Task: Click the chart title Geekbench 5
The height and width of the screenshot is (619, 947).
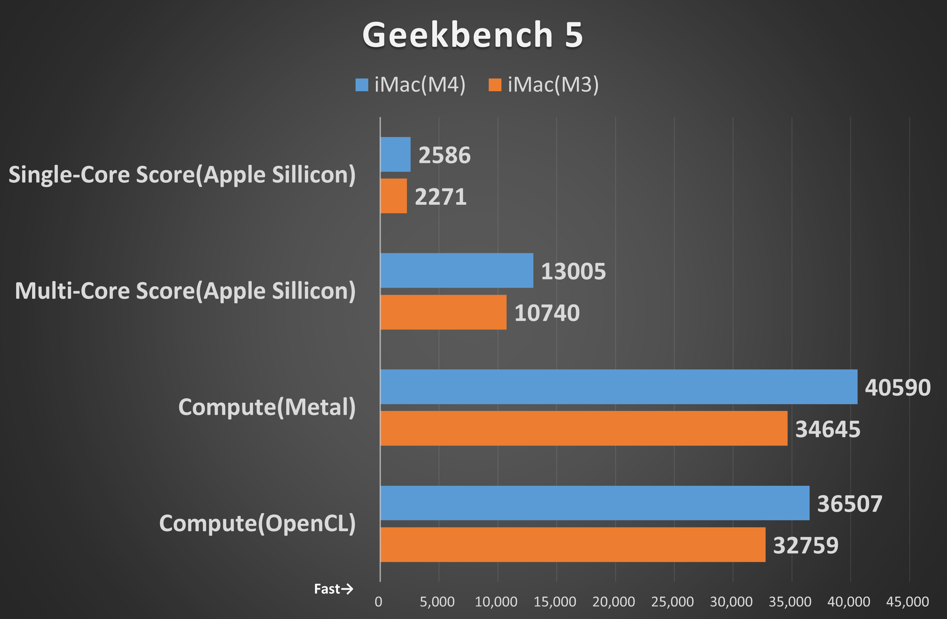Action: coord(473,35)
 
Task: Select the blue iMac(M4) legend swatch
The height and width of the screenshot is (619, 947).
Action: coord(362,85)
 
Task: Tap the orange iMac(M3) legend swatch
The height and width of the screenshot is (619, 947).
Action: coord(495,85)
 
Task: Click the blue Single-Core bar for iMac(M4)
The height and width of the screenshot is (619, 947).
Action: coord(395,154)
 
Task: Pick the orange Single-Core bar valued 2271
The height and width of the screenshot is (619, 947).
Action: coord(394,196)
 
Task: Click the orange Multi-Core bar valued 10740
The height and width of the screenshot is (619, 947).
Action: coord(443,312)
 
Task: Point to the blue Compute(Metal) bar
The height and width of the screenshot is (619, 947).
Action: coord(619,387)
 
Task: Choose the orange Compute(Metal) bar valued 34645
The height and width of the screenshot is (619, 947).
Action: coord(584,428)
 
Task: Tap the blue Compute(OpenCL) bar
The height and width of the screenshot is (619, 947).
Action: coord(595,503)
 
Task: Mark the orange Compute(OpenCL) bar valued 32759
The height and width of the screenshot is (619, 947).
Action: coord(573,544)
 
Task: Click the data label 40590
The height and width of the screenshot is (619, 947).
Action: coord(898,387)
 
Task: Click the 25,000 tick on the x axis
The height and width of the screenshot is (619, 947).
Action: coord(672,602)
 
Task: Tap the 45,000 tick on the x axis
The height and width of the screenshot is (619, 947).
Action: coord(907,602)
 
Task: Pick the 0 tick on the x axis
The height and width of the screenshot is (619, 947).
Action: coord(378,602)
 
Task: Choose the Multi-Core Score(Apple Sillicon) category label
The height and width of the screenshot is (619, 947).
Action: coord(185,291)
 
